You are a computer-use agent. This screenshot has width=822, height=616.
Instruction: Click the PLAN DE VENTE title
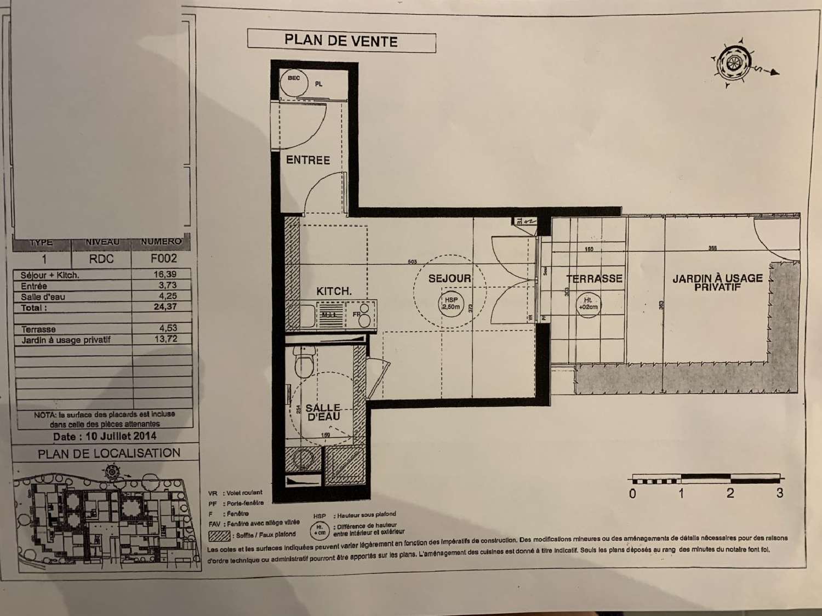click(x=341, y=41)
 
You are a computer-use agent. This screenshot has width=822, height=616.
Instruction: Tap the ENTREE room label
click(x=308, y=160)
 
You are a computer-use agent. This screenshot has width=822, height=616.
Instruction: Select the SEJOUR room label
click(x=449, y=278)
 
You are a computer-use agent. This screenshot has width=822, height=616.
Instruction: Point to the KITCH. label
click(x=334, y=291)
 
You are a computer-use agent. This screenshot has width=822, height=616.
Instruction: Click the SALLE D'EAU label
click(x=323, y=412)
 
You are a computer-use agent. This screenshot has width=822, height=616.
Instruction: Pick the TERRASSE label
click(x=594, y=279)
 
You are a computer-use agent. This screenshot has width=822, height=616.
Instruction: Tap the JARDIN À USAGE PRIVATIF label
click(x=717, y=282)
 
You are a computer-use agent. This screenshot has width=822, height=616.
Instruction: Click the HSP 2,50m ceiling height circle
click(x=451, y=303)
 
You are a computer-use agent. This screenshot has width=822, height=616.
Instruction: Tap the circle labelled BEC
click(x=294, y=79)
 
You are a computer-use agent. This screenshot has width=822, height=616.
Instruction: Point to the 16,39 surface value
click(x=165, y=274)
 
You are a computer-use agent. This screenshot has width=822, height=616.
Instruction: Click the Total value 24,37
click(x=165, y=307)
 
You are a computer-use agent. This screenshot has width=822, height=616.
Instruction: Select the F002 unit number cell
click(x=163, y=258)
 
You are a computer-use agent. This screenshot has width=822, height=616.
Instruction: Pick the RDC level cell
click(x=101, y=259)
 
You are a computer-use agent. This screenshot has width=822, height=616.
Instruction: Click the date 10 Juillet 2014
click(x=104, y=437)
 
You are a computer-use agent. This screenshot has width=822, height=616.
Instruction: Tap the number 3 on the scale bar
click(x=779, y=493)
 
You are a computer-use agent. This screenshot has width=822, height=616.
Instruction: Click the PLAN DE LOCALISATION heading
click(x=109, y=453)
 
